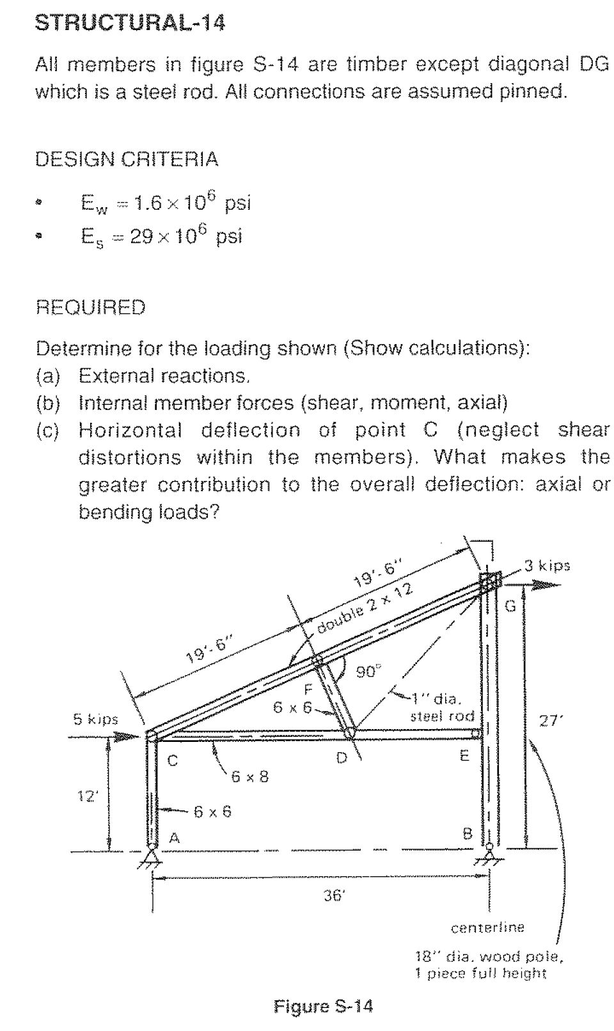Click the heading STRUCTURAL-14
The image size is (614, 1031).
(130, 24)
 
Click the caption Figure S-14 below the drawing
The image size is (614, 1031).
(324, 1007)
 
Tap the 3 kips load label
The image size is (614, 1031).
(547, 565)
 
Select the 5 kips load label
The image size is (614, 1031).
(95, 719)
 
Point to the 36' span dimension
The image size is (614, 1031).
(333, 896)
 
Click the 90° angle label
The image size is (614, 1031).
(368, 672)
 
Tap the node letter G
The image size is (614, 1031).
(510, 607)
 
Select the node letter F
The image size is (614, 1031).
(308, 689)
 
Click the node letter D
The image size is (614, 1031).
(342, 758)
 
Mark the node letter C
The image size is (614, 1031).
(172, 761)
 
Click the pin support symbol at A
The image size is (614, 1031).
(152, 858)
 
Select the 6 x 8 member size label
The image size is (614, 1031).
(249, 777)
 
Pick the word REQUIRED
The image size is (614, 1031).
(90, 308)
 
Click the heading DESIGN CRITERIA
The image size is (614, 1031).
(127, 159)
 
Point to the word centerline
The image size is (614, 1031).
(487, 927)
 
